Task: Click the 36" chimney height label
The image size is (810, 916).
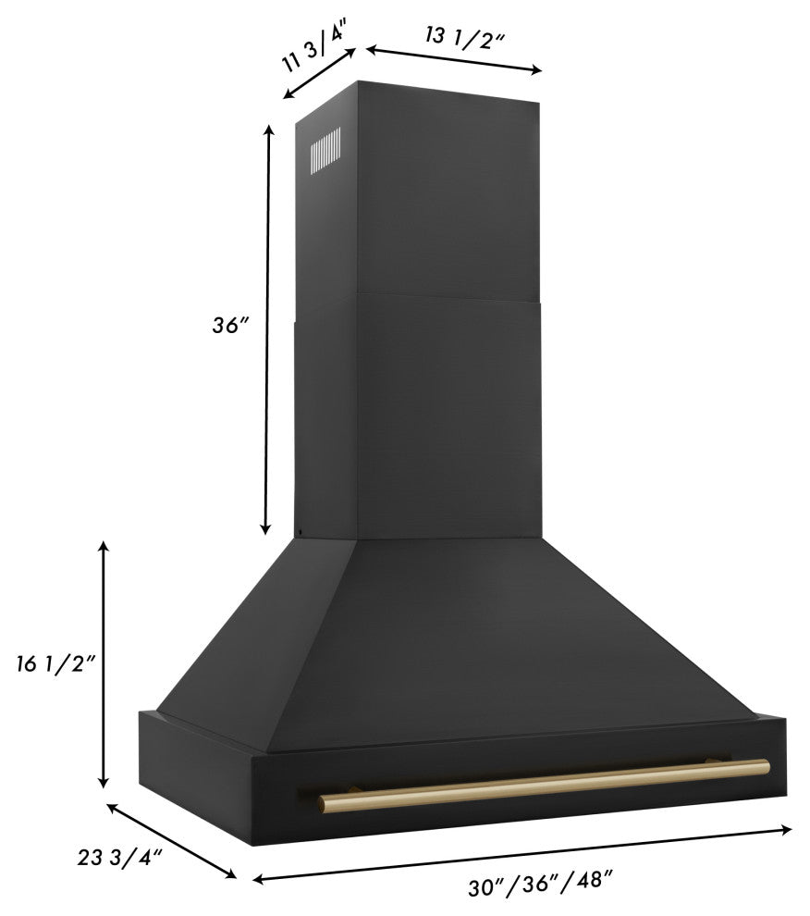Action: (230, 325)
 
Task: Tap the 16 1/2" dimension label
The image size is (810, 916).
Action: (55, 663)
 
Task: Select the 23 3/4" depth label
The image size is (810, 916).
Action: (119, 858)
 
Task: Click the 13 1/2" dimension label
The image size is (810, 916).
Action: (465, 39)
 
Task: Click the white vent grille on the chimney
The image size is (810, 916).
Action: (325, 151)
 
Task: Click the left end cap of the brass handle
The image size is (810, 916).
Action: (323, 803)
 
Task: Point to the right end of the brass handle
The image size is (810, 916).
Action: (766, 767)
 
